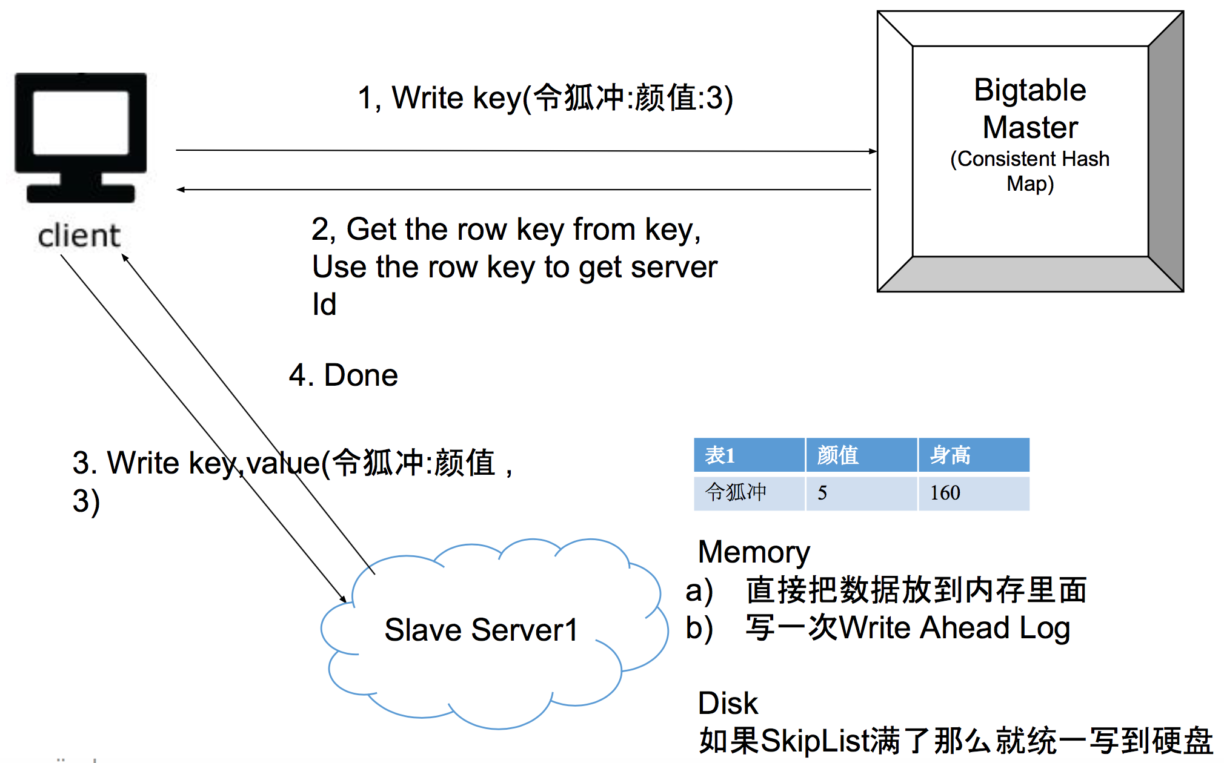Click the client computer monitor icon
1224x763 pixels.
[x=81, y=137]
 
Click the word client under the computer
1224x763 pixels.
[x=79, y=236]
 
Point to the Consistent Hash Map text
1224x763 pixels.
[x=1030, y=171]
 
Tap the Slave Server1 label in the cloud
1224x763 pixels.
[x=481, y=630]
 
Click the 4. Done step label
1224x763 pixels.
[x=344, y=375]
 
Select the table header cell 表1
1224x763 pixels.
[x=720, y=455]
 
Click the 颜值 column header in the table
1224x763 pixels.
[x=837, y=455]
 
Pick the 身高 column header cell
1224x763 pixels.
[x=950, y=455]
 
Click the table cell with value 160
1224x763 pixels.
[x=945, y=493]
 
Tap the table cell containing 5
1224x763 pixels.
[x=822, y=493]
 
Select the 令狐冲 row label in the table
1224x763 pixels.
[x=736, y=492]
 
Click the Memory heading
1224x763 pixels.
[x=754, y=552]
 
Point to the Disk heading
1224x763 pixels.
[x=728, y=704]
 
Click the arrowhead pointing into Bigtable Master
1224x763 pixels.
[x=873, y=151]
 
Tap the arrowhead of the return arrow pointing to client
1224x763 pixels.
[x=180, y=190]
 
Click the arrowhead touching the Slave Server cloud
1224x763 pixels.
[x=343, y=599]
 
